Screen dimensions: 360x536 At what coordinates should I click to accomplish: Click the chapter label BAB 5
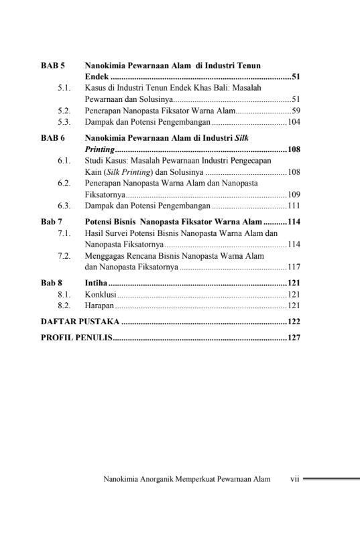(53, 66)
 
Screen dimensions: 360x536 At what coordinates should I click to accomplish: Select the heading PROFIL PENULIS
(76, 338)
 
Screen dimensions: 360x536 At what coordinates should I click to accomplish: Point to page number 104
(293, 123)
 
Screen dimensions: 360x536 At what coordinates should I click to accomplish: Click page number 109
(293, 194)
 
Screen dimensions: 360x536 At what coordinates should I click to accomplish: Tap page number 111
(293, 206)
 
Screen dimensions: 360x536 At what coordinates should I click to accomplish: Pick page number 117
(293, 267)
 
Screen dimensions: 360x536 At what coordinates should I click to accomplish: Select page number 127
(293, 338)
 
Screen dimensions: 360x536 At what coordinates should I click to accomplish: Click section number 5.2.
(64, 111)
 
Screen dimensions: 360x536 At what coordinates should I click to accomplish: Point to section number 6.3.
(64, 206)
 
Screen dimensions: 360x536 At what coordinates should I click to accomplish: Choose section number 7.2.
(64, 256)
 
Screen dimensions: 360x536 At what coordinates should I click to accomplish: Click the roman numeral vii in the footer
(294, 479)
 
